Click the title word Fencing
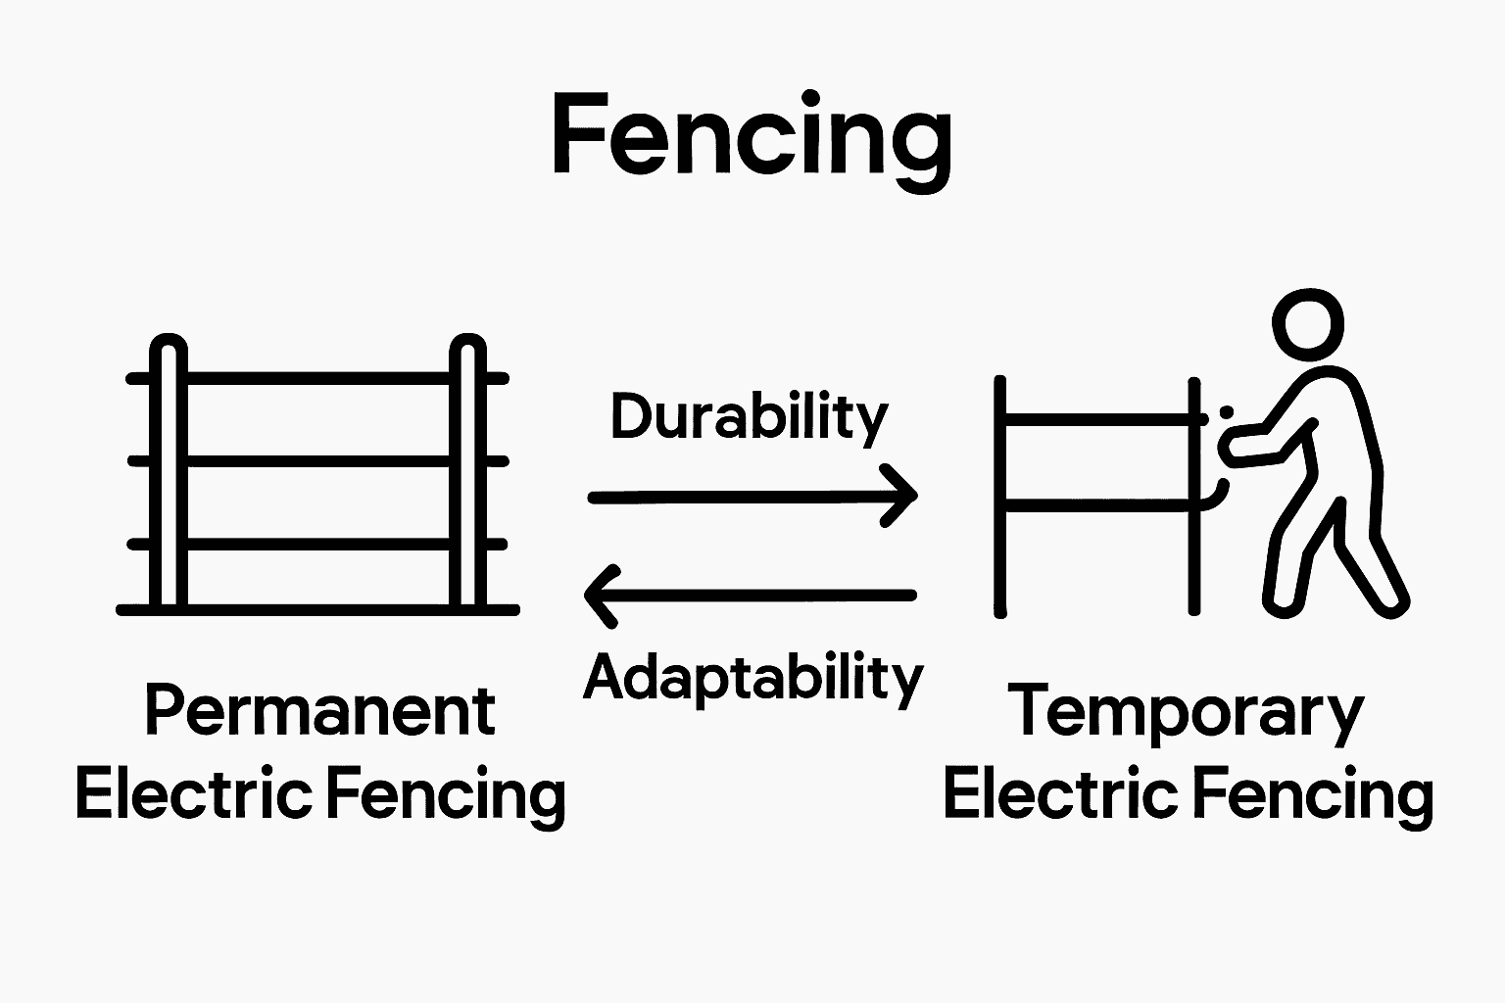[751, 136]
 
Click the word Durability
[749, 418]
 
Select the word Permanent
[319, 712]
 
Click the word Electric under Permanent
[194, 794]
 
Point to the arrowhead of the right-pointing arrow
[903, 497]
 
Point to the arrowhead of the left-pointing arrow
[598, 595]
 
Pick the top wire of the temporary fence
[1097, 419]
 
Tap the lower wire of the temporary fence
[1097, 504]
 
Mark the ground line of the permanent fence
[317, 609]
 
